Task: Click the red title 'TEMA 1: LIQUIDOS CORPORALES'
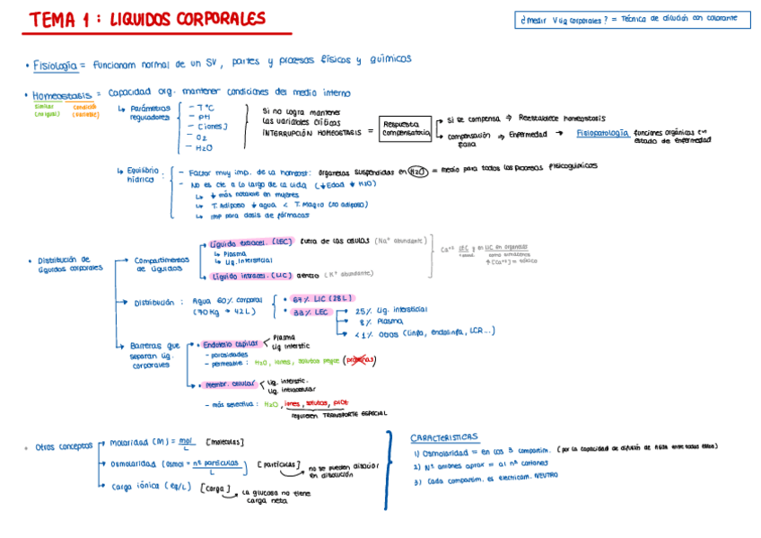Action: [x=147, y=19]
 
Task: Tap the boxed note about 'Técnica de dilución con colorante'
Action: [x=634, y=19]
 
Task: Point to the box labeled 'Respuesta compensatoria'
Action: [x=406, y=129]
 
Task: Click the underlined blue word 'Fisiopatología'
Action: [x=602, y=133]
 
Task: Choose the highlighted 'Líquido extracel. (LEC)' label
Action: [x=249, y=243]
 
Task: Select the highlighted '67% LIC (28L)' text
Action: [x=319, y=298]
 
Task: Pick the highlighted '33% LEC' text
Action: [x=309, y=312]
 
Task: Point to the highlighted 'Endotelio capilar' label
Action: [x=230, y=344]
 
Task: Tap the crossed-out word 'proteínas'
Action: [x=361, y=361]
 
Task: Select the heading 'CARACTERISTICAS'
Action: [x=444, y=437]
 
